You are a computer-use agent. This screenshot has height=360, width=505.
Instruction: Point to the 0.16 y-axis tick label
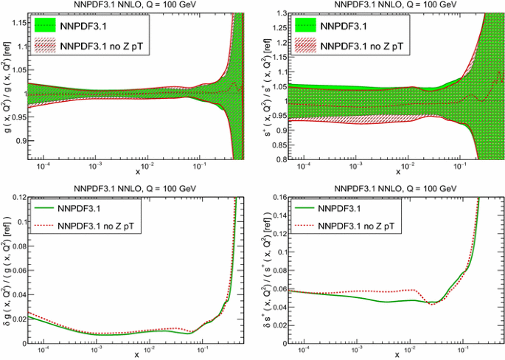(x=273, y=196)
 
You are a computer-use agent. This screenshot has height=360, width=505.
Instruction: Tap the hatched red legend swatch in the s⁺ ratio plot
(x=307, y=43)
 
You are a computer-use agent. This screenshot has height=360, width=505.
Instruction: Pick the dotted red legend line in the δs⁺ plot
(x=307, y=224)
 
